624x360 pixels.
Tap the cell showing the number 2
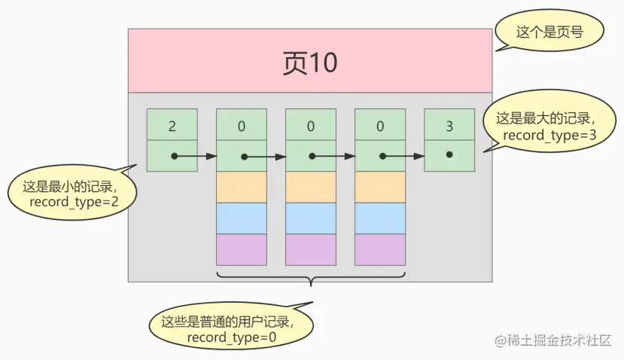pos(172,125)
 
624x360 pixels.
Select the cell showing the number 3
pos(449,125)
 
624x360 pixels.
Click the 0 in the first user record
pos(242,125)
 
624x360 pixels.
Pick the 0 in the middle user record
pos(311,125)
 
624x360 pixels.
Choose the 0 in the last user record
pos(380,125)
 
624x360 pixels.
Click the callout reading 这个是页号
pos(539,32)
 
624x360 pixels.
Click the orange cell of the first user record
pos(242,187)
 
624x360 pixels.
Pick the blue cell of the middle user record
pos(311,218)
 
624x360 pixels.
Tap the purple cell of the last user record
pos(380,249)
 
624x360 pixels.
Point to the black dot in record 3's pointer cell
pos(449,154)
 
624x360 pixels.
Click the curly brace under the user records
pos(311,280)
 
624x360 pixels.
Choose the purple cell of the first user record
pos(242,249)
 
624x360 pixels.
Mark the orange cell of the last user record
pos(380,187)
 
